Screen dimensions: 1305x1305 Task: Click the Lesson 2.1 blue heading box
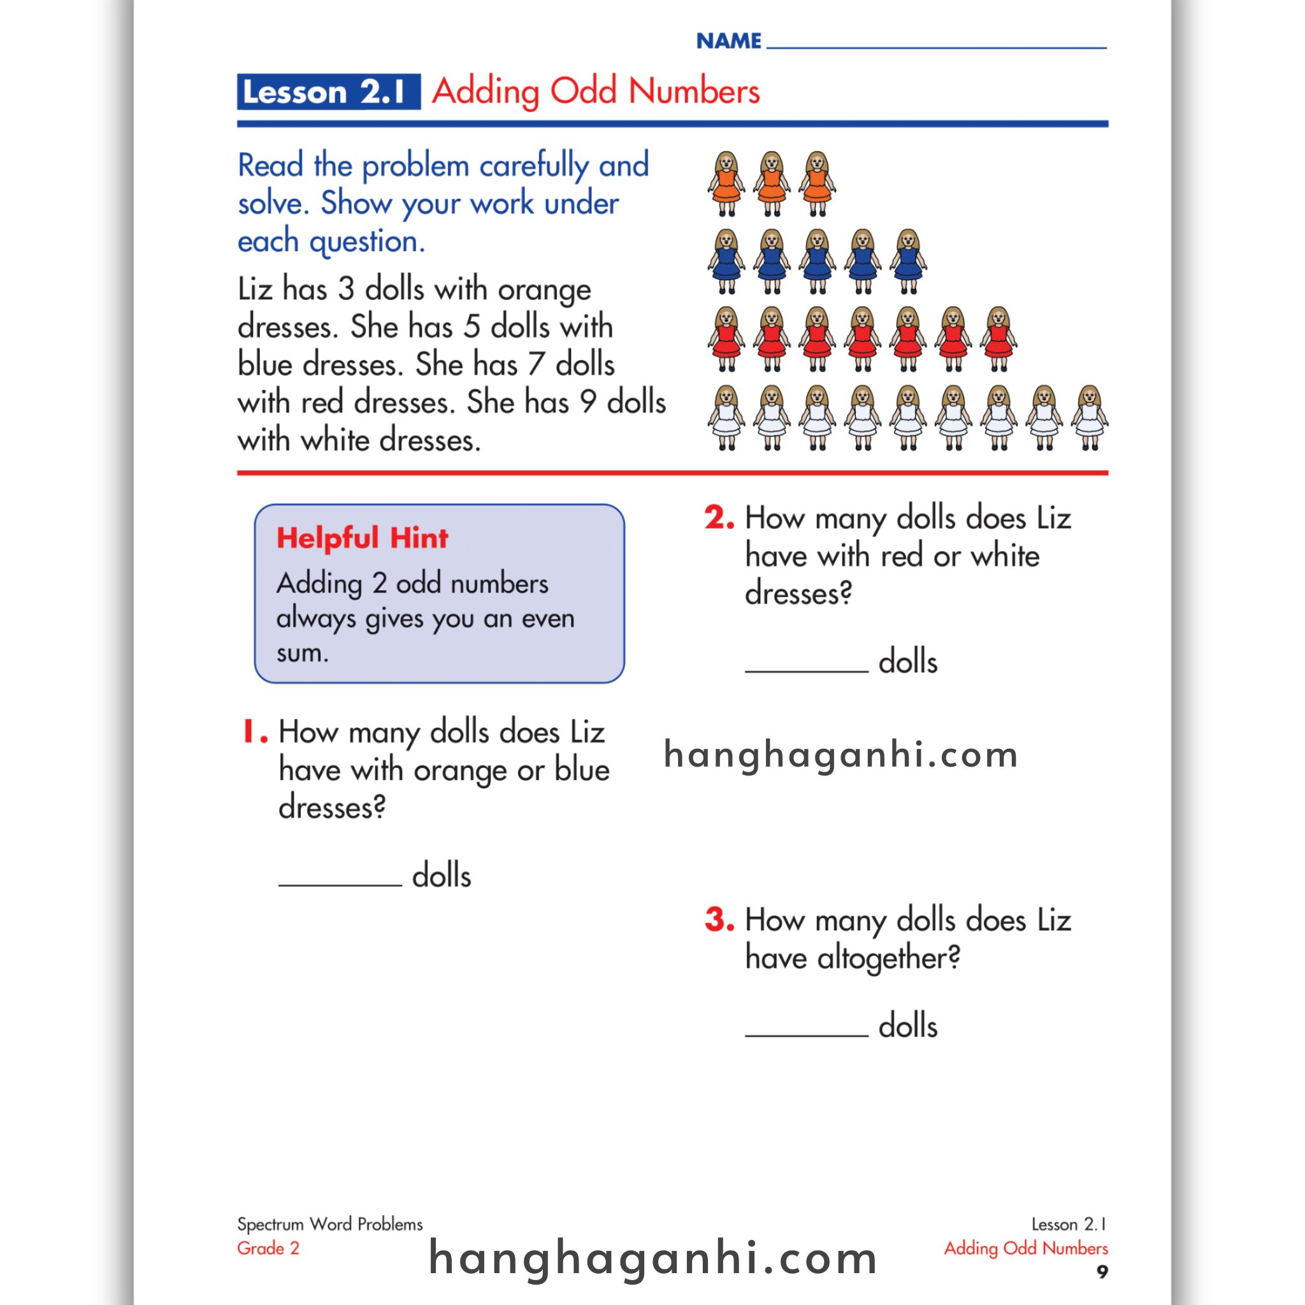point(328,92)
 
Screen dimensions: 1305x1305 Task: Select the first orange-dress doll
point(726,184)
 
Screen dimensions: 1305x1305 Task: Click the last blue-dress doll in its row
point(909,261)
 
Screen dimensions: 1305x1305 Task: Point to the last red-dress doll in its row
point(999,339)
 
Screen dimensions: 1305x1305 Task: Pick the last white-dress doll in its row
point(1090,417)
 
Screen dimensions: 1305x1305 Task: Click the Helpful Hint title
point(362,538)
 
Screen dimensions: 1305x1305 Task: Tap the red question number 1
point(255,732)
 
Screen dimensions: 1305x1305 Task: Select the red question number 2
point(719,518)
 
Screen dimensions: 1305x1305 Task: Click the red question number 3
point(719,919)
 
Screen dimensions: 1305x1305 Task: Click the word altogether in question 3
point(888,958)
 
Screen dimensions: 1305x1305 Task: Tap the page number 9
point(1102,1272)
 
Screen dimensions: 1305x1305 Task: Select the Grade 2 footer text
point(268,1248)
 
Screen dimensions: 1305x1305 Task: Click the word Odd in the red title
point(583,91)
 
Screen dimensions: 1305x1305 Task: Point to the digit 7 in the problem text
point(536,364)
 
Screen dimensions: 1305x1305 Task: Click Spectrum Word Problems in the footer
point(329,1224)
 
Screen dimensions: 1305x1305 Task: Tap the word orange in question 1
point(460,770)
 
